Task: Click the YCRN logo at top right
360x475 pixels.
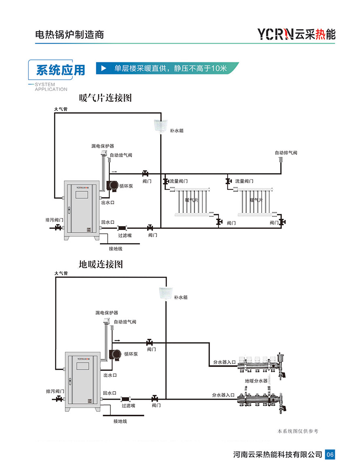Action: click(x=296, y=34)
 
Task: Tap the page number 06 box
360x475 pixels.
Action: click(x=330, y=454)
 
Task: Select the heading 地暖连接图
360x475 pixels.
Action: click(x=101, y=264)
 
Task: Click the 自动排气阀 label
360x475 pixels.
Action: click(x=286, y=153)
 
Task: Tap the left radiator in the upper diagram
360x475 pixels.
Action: click(x=191, y=201)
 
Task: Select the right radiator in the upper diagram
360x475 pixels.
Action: click(x=255, y=201)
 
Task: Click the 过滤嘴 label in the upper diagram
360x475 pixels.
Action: click(x=125, y=235)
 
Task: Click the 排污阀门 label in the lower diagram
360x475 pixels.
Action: click(x=55, y=392)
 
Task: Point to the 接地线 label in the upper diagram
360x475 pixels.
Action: click(x=115, y=248)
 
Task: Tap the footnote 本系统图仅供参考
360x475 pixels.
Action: click(x=298, y=431)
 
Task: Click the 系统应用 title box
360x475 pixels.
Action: click(x=60, y=70)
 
